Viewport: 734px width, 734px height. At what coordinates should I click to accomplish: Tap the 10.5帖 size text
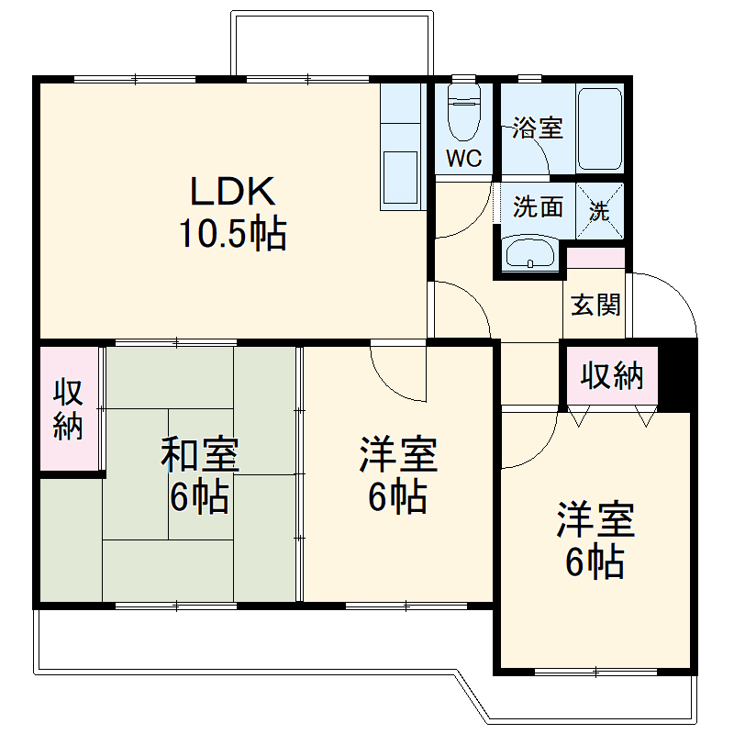[232, 235]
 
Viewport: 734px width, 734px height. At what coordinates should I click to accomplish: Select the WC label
[463, 158]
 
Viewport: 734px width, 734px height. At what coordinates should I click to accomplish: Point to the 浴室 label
[537, 128]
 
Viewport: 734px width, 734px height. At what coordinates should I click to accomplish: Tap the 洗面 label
[538, 207]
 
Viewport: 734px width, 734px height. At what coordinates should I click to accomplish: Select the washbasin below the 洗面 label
[530, 252]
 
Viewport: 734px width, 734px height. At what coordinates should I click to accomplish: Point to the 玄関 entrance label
[595, 305]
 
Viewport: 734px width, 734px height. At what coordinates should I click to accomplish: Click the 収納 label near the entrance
[612, 376]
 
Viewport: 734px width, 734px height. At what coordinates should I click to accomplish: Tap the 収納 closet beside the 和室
[68, 408]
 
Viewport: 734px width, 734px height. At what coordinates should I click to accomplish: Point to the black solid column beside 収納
[677, 373]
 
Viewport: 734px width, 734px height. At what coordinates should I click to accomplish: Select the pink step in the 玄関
[595, 258]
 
